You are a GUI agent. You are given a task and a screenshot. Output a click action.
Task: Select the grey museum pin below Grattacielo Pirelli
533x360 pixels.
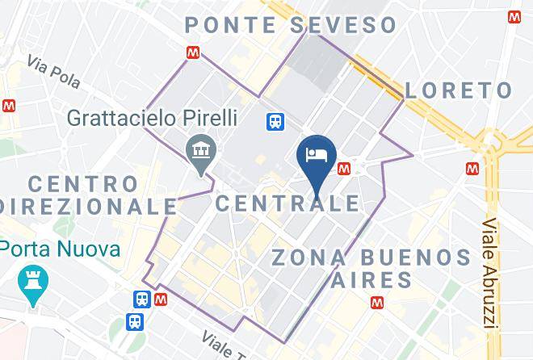tap(199, 149)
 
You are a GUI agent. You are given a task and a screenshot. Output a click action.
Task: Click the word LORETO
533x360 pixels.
tap(459, 90)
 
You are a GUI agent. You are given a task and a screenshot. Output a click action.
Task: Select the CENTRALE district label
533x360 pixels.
tap(287, 202)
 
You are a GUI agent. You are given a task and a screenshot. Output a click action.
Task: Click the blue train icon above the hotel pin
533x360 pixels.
tap(275, 121)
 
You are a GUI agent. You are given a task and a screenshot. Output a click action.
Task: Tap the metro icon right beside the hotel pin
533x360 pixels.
tap(345, 168)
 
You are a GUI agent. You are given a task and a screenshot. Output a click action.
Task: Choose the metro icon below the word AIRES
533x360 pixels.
tap(377, 303)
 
